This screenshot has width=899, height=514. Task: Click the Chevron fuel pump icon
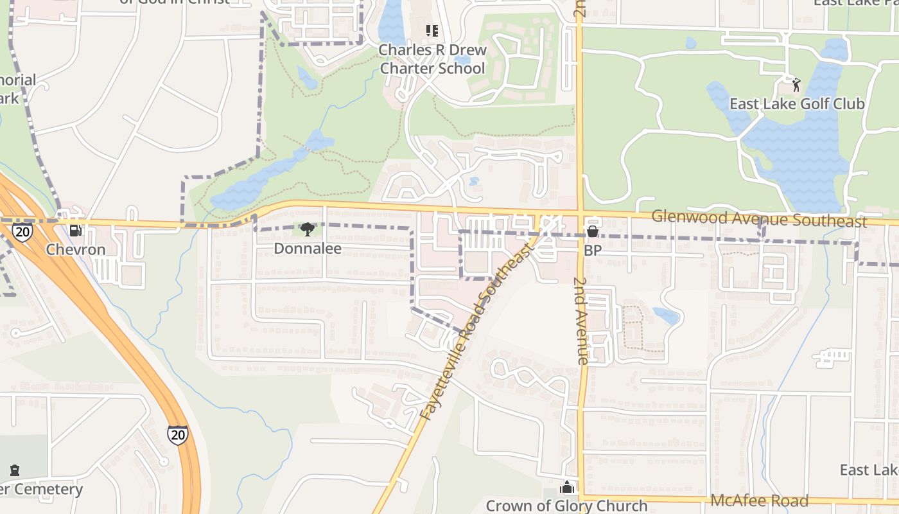pyautogui.click(x=76, y=230)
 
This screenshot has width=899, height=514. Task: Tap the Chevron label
pyautogui.click(x=76, y=249)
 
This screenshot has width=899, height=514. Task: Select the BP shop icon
pyautogui.click(x=592, y=231)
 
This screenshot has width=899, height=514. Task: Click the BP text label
pyautogui.click(x=593, y=250)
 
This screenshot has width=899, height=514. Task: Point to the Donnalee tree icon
pyautogui.click(x=308, y=229)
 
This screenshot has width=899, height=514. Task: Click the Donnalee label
pyautogui.click(x=308, y=248)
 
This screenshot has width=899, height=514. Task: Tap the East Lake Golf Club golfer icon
pyautogui.click(x=796, y=84)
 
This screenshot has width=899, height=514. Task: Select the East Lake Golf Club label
pyautogui.click(x=796, y=104)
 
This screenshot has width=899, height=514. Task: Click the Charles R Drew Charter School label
pyautogui.click(x=432, y=59)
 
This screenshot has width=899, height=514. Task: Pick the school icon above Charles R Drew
pyautogui.click(x=432, y=31)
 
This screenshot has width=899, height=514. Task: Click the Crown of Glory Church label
pyautogui.click(x=566, y=506)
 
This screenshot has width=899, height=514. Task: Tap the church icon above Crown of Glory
pyautogui.click(x=566, y=487)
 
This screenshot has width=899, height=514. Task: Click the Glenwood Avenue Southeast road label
pyautogui.click(x=759, y=218)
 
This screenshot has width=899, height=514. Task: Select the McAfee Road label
pyautogui.click(x=759, y=501)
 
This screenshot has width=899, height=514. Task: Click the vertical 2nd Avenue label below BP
pyautogui.click(x=582, y=321)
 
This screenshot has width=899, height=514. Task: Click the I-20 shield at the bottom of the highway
pyautogui.click(x=178, y=435)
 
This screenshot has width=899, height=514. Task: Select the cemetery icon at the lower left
pyautogui.click(x=15, y=470)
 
